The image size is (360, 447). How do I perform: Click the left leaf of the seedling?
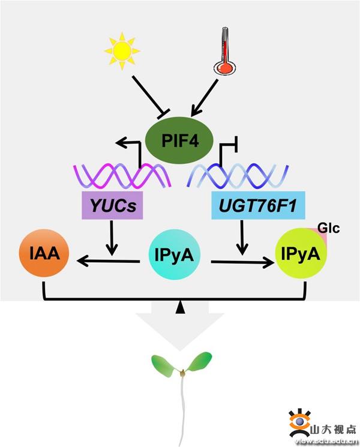pyautogui.click(x=164, y=363)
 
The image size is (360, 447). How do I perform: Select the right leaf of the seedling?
pyautogui.click(x=199, y=361)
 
